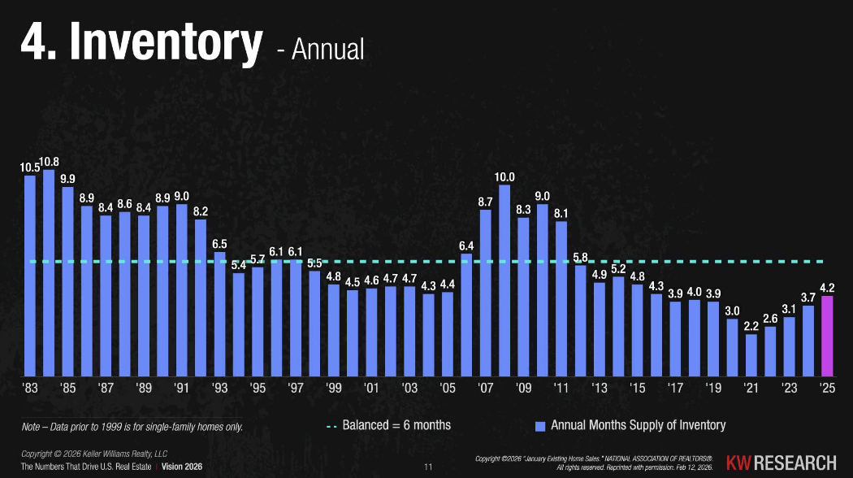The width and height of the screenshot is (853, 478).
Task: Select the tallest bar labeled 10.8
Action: [x=49, y=272]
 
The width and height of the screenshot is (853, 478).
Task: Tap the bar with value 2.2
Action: [x=751, y=354]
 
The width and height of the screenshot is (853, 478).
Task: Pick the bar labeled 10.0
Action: [x=504, y=280]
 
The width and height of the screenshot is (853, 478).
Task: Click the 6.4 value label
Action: [x=466, y=246]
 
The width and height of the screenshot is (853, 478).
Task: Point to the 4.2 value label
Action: [x=828, y=287]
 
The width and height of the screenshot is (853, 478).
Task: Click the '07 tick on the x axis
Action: [x=486, y=388]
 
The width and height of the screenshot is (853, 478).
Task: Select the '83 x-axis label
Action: [x=30, y=388]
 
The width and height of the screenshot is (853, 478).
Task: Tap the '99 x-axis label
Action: [x=333, y=388]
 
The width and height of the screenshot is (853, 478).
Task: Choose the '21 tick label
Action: [x=751, y=388]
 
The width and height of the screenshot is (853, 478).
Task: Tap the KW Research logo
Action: [x=781, y=463]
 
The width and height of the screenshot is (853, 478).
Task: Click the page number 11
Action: [x=428, y=467]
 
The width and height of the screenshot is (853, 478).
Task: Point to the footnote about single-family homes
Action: [x=132, y=426]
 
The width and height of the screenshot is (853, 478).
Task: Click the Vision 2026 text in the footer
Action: [x=183, y=467]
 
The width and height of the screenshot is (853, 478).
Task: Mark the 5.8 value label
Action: [x=580, y=258]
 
